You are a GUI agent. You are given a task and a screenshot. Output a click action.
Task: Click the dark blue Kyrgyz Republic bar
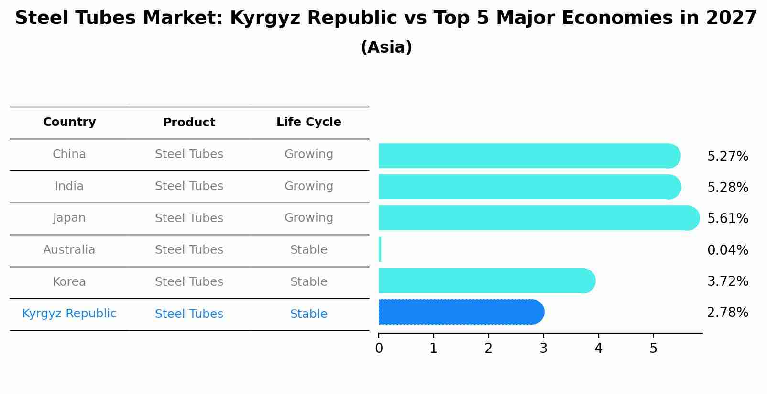pyautogui.click(x=461, y=312)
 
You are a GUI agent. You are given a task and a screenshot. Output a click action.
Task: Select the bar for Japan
pyautogui.click(x=538, y=218)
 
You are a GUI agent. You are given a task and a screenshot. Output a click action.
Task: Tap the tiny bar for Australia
pyautogui.click(x=380, y=249)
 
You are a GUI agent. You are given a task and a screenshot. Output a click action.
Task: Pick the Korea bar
pyautogui.click(x=486, y=281)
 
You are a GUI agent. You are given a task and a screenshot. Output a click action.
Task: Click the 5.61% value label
pyautogui.click(x=727, y=219)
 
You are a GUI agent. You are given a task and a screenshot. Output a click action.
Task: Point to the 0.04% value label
pyautogui.click(x=727, y=250)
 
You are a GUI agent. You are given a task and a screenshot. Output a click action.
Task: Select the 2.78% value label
pyautogui.click(x=727, y=313)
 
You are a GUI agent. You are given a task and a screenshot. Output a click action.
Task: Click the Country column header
pyautogui.click(x=69, y=122)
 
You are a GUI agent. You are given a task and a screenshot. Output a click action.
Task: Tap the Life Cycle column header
pyautogui.click(x=308, y=122)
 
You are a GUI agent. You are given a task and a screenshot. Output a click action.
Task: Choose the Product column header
pyautogui.click(x=189, y=123)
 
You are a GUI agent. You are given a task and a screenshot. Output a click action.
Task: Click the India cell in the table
pyautogui.click(x=69, y=186)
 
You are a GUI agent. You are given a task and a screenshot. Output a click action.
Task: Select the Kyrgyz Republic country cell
pyautogui.click(x=69, y=314)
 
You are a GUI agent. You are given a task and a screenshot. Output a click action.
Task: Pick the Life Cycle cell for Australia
pyautogui.click(x=308, y=250)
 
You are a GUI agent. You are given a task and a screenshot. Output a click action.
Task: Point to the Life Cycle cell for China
pyautogui.click(x=308, y=154)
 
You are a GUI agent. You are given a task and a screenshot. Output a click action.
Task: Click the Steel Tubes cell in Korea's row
pyautogui.click(x=189, y=282)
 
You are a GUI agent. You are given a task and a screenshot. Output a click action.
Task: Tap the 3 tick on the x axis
pyautogui.click(x=543, y=348)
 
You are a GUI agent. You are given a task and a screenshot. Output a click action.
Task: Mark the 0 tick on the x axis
pyautogui.click(x=379, y=348)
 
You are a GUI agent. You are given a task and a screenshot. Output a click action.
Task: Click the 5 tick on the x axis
pyautogui.click(x=653, y=348)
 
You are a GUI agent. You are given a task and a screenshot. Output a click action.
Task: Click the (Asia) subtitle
pyautogui.click(x=386, y=47)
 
